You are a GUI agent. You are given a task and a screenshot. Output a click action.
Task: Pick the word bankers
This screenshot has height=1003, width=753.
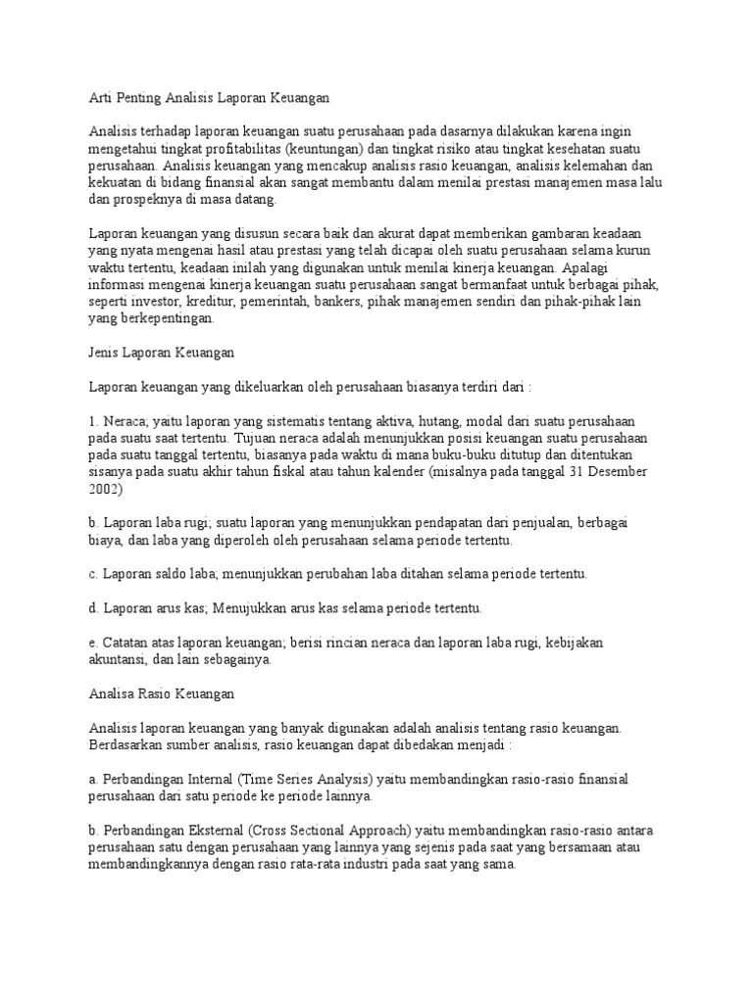pos(338,302)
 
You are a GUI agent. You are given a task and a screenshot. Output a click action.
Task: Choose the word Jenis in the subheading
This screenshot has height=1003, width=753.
pos(106,352)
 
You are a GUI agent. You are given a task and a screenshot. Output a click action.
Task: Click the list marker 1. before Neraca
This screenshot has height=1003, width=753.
pos(94,420)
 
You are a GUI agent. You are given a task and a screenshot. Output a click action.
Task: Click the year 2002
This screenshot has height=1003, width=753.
pos(106,489)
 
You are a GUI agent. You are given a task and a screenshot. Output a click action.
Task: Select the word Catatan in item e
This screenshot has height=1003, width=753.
pos(127,643)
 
